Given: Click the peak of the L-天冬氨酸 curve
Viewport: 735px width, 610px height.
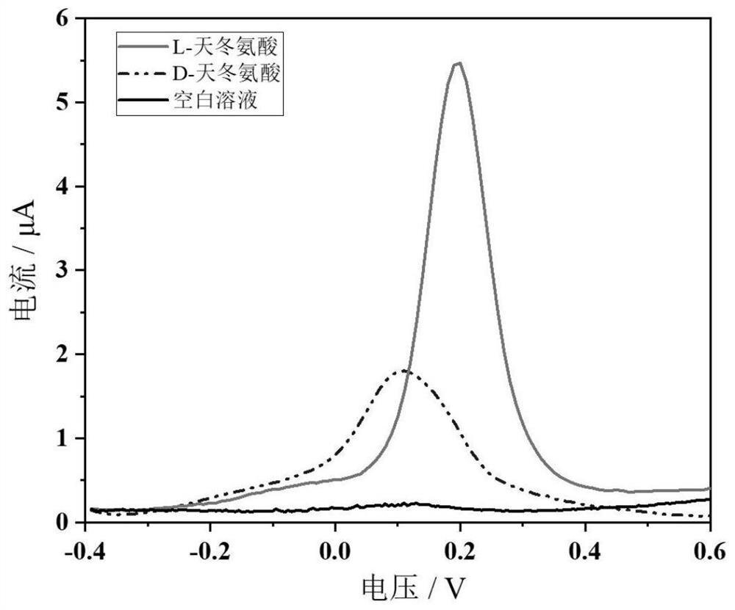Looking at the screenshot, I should pyautogui.click(x=458, y=63).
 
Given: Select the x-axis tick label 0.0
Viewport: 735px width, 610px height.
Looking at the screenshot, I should pyautogui.click(x=335, y=548).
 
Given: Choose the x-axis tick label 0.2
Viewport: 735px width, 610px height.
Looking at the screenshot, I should pyautogui.click(x=460, y=548).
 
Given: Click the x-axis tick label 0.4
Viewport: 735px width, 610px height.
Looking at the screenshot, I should pyautogui.click(x=585, y=548).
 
